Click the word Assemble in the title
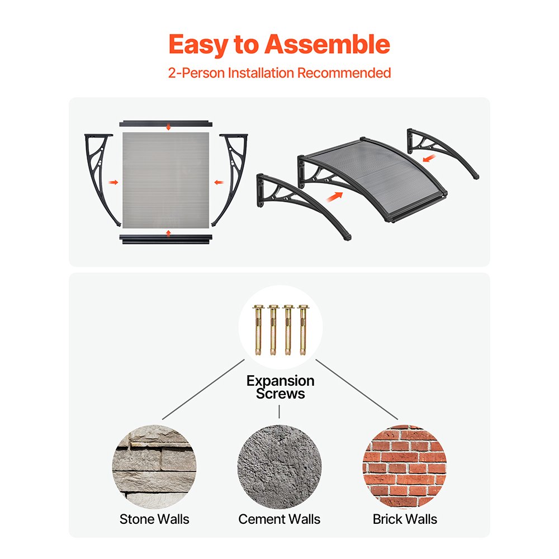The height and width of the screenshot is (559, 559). click(x=327, y=44)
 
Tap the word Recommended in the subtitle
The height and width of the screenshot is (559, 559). click(x=344, y=73)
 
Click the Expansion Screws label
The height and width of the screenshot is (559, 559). click(x=280, y=387)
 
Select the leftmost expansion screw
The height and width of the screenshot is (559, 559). click(x=258, y=330)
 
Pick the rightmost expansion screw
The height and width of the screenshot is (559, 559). click(x=302, y=330)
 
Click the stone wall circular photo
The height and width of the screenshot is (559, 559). click(x=154, y=467)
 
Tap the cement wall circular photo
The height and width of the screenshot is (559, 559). click(x=279, y=467)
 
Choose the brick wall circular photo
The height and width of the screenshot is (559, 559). click(x=405, y=467)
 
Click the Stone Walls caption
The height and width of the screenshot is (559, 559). click(x=154, y=519)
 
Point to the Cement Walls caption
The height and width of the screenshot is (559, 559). click(x=279, y=519)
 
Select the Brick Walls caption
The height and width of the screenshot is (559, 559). click(x=405, y=519)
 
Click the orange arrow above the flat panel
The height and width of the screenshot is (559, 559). click(x=169, y=127)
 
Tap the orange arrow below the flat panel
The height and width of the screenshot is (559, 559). click(x=169, y=234)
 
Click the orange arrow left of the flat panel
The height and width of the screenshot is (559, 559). click(x=113, y=183)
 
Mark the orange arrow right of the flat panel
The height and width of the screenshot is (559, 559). click(x=219, y=183)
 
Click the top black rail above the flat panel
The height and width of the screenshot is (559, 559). click(x=166, y=124)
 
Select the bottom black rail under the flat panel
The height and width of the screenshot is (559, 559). click(x=166, y=239)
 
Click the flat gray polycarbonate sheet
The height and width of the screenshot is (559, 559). click(x=166, y=180)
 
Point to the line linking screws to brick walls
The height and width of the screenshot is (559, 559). click(x=357, y=390)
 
